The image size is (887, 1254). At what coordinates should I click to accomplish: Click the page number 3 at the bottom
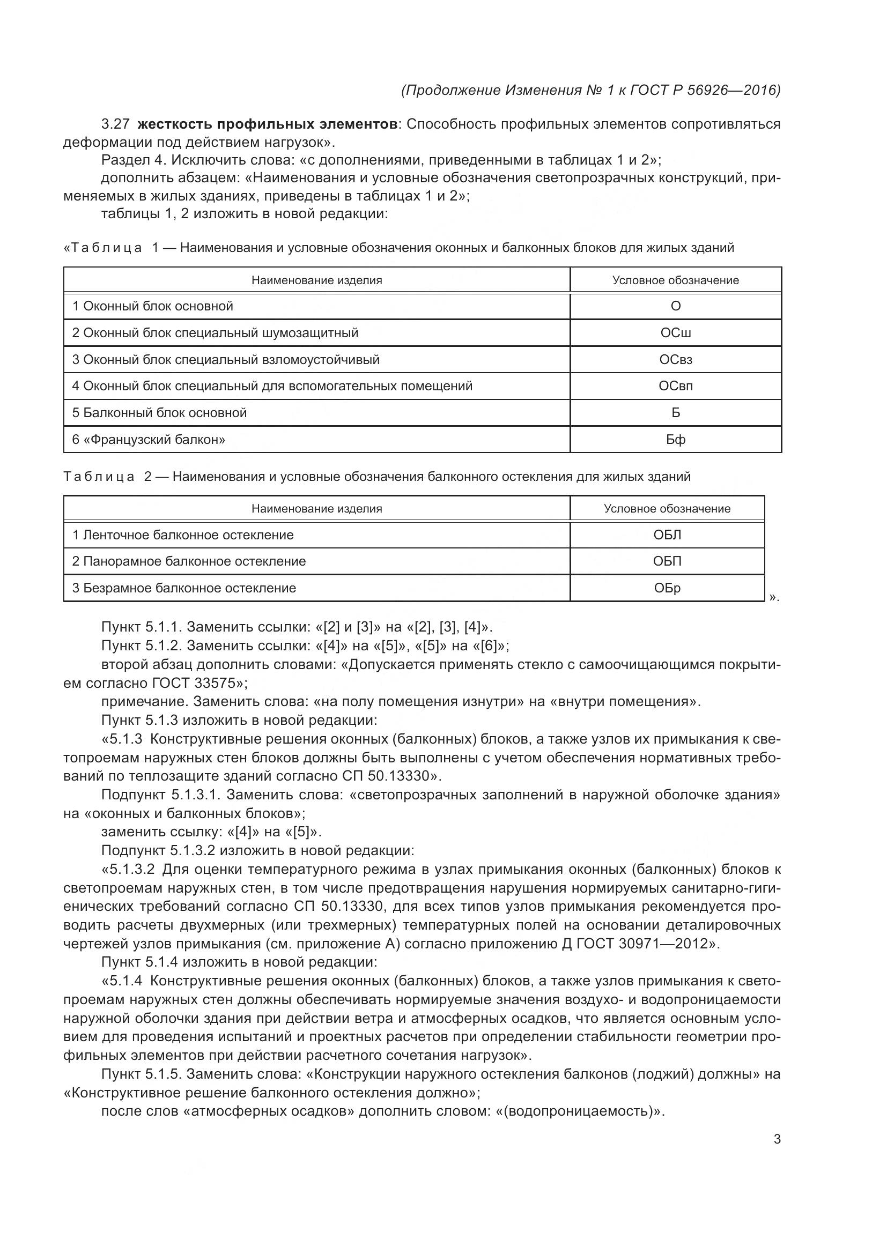[x=777, y=1139]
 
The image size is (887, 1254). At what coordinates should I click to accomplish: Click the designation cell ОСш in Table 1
[x=675, y=332]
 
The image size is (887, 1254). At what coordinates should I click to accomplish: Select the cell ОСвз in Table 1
[x=675, y=359]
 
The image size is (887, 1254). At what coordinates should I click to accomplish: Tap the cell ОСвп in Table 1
[x=675, y=386]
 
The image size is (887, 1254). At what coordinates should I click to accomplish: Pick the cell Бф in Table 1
[x=675, y=440]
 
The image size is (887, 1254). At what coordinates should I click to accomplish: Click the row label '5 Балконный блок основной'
[x=159, y=413]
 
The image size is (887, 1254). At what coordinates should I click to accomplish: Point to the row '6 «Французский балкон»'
[x=149, y=440]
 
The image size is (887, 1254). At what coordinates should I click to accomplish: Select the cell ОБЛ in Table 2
[x=667, y=535]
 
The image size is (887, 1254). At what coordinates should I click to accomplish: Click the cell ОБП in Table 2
[x=667, y=561]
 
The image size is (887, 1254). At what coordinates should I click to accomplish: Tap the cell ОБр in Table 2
[x=667, y=588]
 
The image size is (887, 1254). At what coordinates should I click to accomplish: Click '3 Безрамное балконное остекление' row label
[x=184, y=588]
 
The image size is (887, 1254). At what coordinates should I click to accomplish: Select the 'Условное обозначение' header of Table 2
[x=667, y=509]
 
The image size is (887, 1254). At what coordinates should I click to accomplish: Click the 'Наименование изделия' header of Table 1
[x=317, y=280]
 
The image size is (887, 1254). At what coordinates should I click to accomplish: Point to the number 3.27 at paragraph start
[x=115, y=124]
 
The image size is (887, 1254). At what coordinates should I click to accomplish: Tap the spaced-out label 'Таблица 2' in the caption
[x=107, y=477]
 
